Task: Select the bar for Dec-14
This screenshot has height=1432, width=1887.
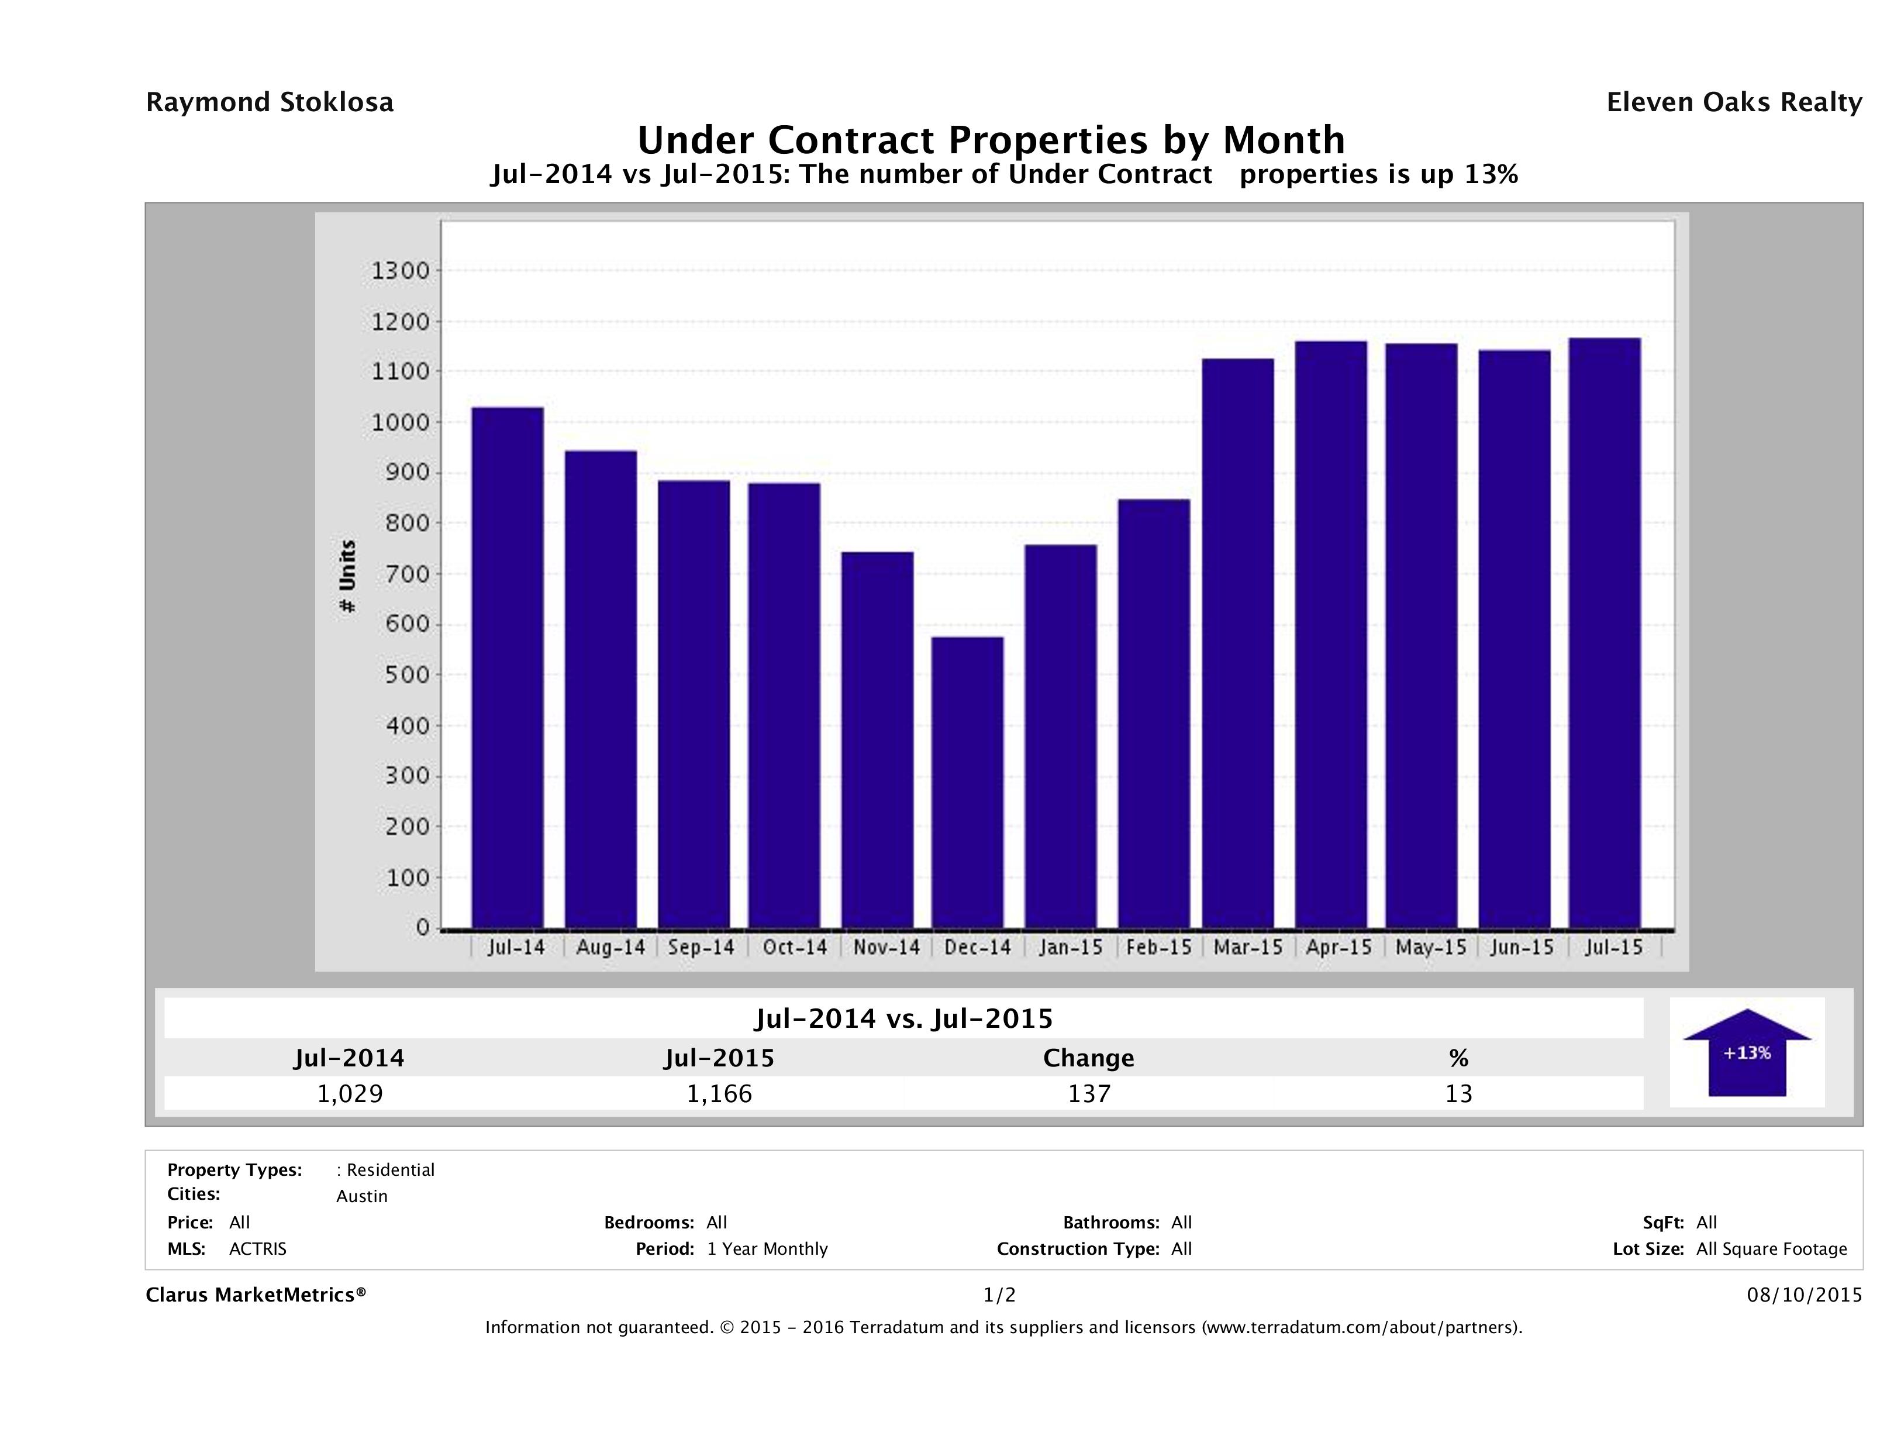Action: [x=967, y=783]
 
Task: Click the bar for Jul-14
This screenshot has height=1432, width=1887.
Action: [x=508, y=667]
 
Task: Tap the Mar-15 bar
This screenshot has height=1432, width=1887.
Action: [x=1238, y=643]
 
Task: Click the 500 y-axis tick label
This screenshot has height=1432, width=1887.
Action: [x=405, y=675]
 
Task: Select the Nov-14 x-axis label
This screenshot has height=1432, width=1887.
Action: [x=886, y=947]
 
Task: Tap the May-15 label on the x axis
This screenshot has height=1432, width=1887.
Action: [x=1431, y=947]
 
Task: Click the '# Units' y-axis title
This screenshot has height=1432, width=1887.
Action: [x=347, y=576]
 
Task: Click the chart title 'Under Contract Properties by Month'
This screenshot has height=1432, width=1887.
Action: [x=991, y=140]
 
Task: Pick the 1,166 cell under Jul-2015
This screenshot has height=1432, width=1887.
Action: [x=719, y=1093]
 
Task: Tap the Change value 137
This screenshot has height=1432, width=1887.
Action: [x=1089, y=1093]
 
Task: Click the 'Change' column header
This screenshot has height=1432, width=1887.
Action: [x=1089, y=1058]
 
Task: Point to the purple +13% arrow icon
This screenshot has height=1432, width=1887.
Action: [x=1746, y=1053]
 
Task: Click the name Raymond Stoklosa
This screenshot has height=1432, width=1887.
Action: [x=270, y=102]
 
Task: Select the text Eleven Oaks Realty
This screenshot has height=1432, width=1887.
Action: [x=1733, y=102]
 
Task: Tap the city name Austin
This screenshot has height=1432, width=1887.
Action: [x=362, y=1196]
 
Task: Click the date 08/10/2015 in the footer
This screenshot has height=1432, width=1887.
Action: [x=1804, y=1296]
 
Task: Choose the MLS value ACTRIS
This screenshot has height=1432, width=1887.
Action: [x=258, y=1249]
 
